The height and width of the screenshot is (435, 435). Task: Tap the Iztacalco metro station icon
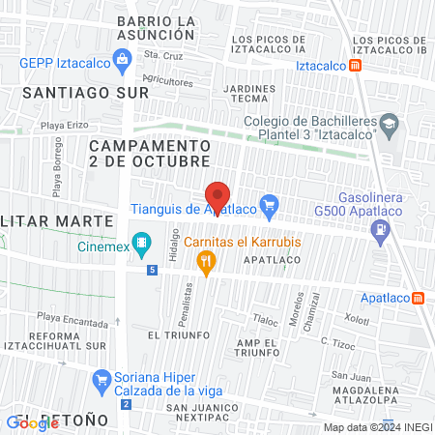click(357, 66)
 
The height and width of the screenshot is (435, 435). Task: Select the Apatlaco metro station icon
click(418, 298)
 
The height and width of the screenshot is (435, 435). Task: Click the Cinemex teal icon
click(142, 243)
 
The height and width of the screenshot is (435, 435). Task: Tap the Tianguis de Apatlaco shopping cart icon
click(270, 205)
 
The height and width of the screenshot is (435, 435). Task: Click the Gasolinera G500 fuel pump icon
click(384, 230)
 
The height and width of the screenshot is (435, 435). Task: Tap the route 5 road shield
click(152, 270)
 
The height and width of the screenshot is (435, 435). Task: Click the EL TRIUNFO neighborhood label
click(179, 334)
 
